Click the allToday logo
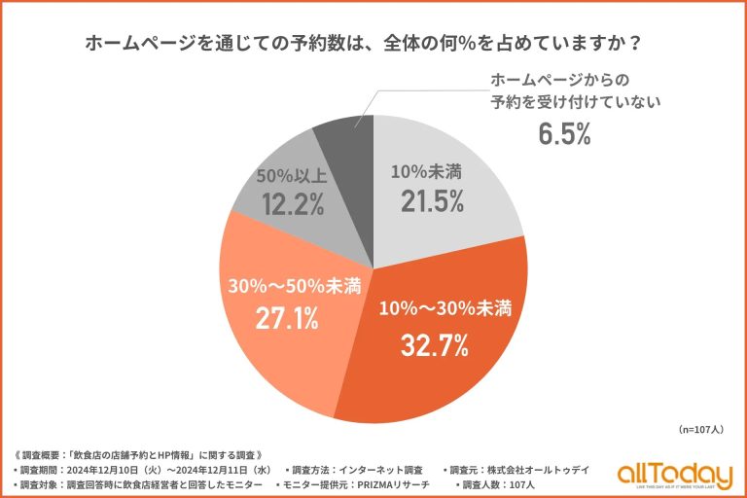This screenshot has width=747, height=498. pyautogui.click(x=673, y=475)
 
